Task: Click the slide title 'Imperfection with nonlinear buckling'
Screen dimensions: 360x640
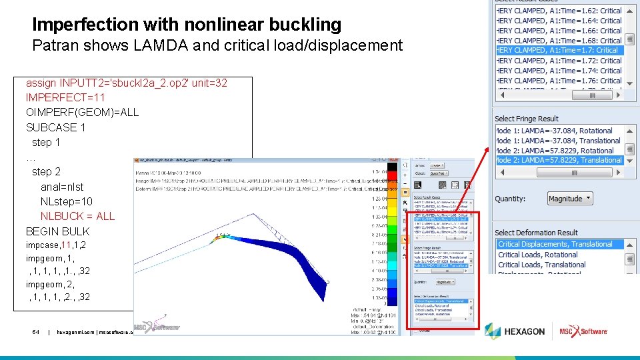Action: click(187, 25)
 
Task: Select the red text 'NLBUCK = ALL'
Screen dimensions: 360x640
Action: click(77, 216)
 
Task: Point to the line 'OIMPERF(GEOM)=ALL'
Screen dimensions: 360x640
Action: click(82, 112)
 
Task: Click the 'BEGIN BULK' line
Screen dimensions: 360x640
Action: click(57, 231)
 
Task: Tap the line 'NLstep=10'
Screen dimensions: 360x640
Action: click(67, 201)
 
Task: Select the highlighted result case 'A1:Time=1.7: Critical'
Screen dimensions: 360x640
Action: click(558, 50)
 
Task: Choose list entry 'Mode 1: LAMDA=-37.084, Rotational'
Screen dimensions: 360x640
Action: click(554, 131)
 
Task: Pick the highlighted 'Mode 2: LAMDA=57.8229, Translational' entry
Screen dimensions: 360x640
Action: click(559, 160)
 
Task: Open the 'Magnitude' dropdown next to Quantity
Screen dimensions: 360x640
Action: click(570, 199)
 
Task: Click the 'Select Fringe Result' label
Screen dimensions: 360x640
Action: click(527, 119)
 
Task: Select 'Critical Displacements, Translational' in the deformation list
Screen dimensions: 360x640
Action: click(555, 244)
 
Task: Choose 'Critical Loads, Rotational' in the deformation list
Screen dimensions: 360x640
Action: click(538, 255)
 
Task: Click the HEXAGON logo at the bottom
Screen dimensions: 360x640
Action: click(515, 331)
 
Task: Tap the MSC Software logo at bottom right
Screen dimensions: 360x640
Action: click(583, 331)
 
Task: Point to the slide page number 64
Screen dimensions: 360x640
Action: click(36, 331)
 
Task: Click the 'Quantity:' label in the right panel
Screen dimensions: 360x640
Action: click(510, 199)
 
